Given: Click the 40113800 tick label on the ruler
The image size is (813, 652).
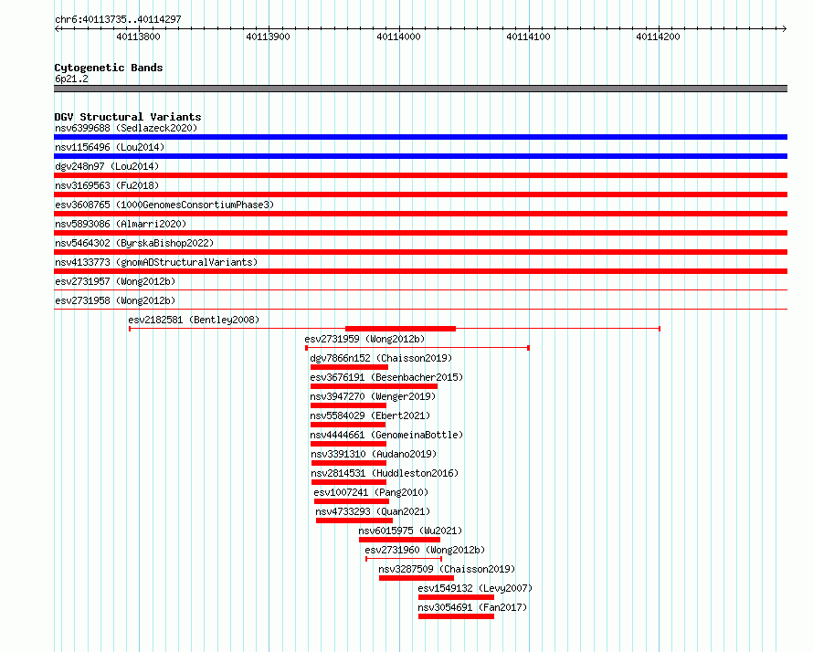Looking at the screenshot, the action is (138, 37).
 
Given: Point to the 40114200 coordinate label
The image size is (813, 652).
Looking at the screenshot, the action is (658, 37).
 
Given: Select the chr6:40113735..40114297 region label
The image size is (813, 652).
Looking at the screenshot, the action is (118, 20).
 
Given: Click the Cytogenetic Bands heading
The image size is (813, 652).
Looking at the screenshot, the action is (109, 68).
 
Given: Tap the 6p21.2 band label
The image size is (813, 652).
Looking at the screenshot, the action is (71, 79).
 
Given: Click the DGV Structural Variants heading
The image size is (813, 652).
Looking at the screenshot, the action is (128, 117).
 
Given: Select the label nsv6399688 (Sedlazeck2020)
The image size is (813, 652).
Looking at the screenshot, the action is (126, 128).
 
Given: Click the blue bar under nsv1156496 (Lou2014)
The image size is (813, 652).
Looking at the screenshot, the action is (420, 156).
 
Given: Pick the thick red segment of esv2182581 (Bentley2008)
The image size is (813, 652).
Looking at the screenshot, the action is (400, 329).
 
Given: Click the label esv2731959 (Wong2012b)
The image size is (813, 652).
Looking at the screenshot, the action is (364, 339).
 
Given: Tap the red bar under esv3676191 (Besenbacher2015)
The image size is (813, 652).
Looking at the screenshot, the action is (374, 386).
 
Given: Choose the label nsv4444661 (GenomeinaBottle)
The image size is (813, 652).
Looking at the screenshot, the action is (386, 435).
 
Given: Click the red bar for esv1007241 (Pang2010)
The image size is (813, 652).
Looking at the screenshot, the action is (352, 501).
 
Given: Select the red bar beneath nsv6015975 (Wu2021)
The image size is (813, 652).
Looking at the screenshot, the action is (399, 540).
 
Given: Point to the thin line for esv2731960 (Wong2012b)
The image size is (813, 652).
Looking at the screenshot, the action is (404, 559).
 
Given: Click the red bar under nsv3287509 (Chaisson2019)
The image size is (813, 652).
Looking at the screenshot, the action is (417, 578).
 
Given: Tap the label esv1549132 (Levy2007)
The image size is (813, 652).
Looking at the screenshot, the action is (475, 588).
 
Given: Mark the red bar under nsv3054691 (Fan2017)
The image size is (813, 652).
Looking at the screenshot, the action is (456, 616).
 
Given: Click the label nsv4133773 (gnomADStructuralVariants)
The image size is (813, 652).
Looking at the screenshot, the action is (156, 262).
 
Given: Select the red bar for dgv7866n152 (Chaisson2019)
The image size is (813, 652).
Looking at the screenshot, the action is (350, 367).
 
